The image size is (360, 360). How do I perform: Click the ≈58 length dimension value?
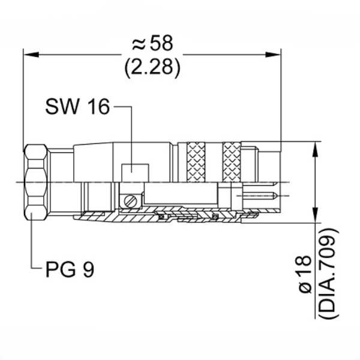pos(152,43)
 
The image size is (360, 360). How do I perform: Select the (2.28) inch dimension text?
pos(152,67)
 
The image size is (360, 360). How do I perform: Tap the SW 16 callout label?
pos(77,107)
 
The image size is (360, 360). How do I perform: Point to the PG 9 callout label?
pos(70,269)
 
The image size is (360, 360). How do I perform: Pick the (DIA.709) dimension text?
pos(329,273)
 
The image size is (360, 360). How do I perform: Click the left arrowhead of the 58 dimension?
pos(31,55)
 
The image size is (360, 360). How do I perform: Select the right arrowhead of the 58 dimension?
pos(273,55)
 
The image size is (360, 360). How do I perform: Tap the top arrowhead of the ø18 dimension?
pos(316,149)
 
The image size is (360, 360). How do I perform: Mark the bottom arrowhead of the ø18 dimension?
pos(316,215)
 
